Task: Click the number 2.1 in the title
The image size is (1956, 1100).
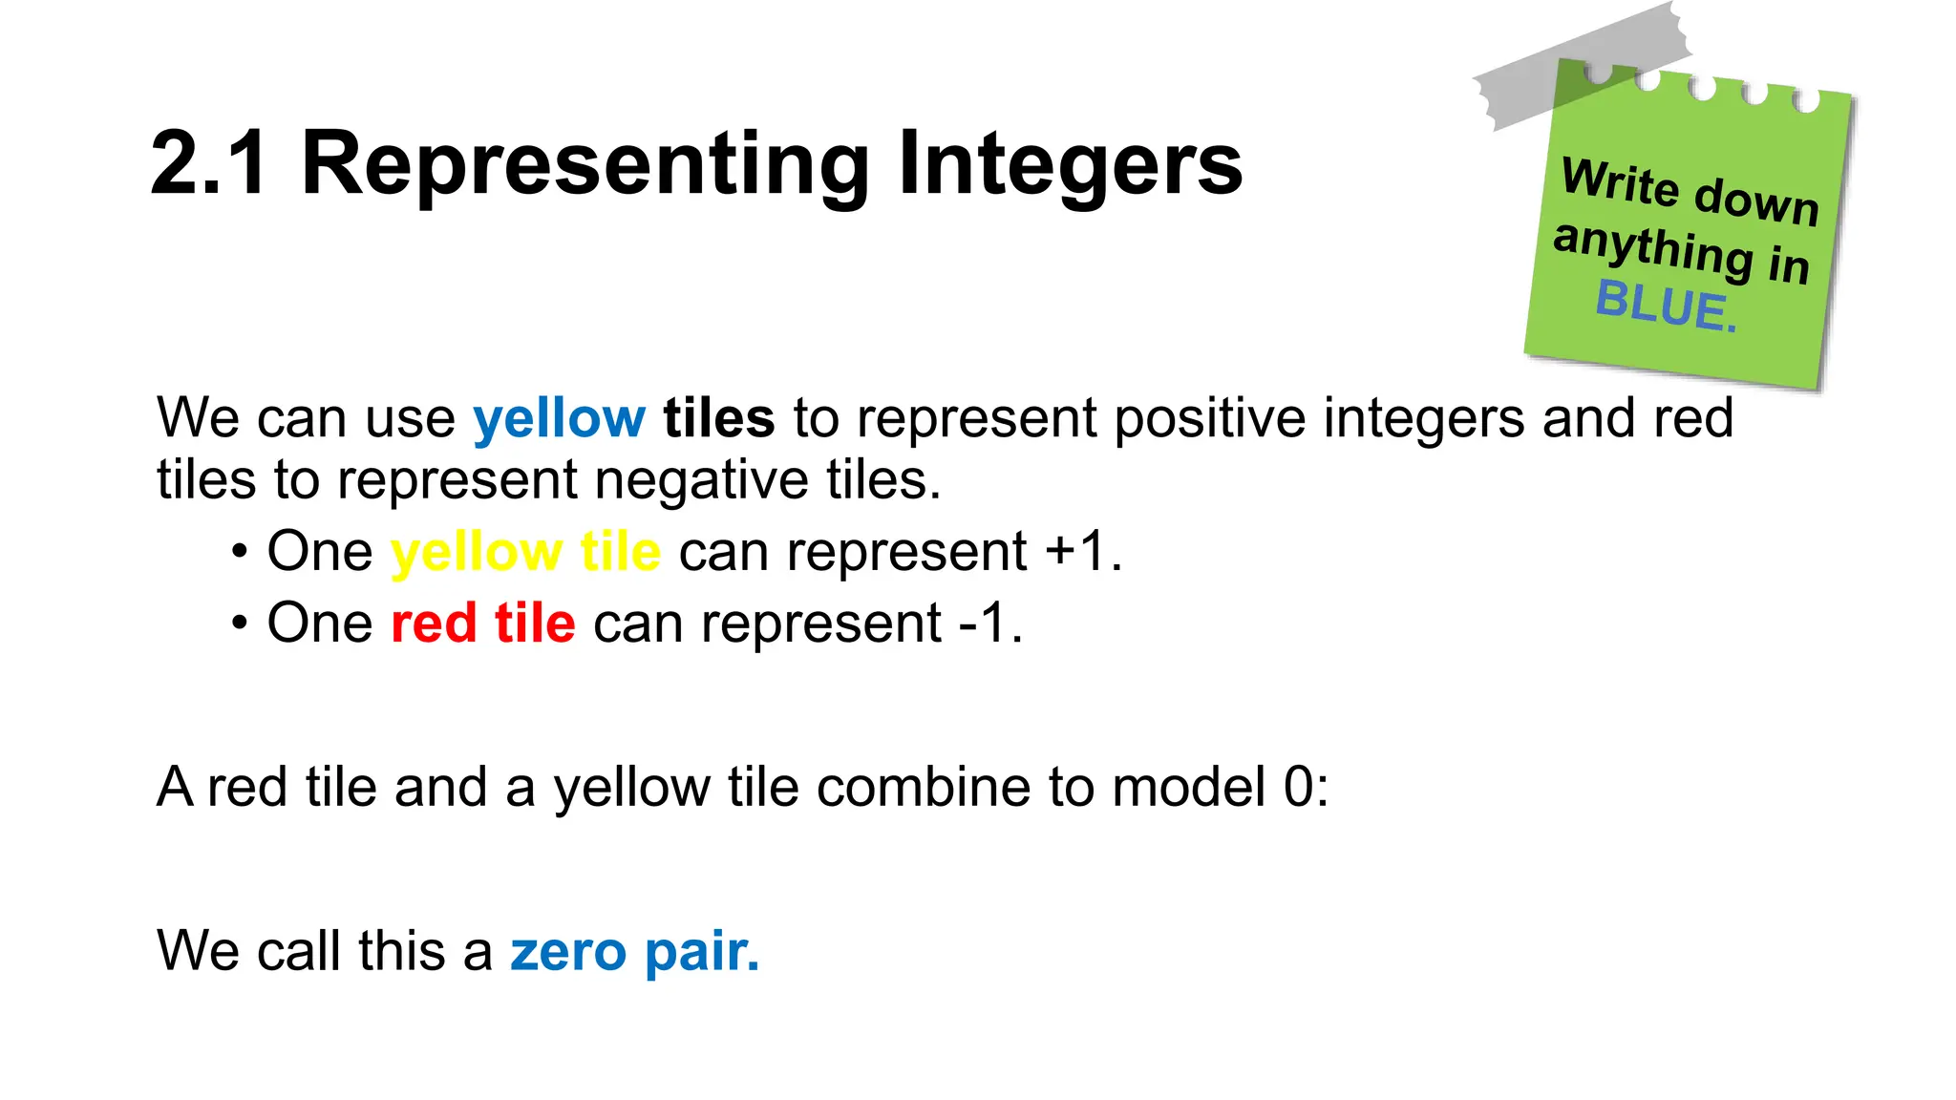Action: pos(208,164)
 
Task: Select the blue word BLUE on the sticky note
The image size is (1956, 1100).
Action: pos(1667,306)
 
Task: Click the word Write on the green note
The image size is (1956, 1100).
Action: pos(1620,181)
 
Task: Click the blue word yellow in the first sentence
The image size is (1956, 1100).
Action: pos(560,419)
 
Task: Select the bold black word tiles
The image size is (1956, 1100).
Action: pos(718,417)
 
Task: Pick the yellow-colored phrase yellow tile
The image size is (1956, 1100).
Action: pos(525,552)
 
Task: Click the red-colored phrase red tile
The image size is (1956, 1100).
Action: pos(483,624)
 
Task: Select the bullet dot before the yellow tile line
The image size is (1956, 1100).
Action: pos(240,553)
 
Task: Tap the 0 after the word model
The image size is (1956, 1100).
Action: pos(1298,788)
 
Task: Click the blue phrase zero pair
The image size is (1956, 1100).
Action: pos(635,952)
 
